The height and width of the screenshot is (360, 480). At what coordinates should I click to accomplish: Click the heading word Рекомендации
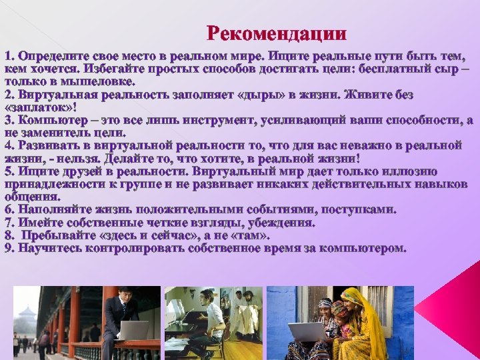[277, 33]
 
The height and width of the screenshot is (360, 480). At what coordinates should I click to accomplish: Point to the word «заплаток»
[38, 106]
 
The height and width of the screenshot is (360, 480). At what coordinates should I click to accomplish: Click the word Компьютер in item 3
[47, 119]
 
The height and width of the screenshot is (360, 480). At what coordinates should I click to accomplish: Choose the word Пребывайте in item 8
[59, 235]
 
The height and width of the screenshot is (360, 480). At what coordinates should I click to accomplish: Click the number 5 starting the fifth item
[7, 169]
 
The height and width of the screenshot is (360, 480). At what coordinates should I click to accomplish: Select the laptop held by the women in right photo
[306, 331]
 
